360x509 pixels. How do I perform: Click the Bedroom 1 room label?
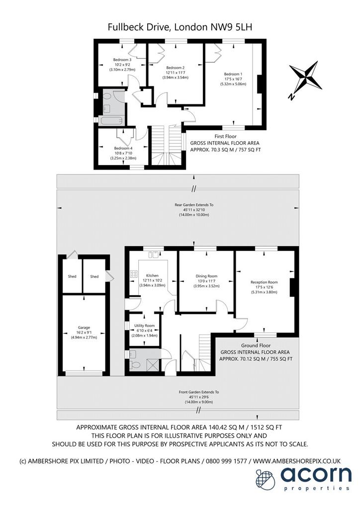[233, 74]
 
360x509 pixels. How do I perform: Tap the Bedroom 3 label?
[122, 60]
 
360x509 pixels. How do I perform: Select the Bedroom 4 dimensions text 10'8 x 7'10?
[123, 153]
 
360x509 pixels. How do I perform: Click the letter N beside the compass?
[292, 96]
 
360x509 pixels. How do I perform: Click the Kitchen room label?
[152, 275]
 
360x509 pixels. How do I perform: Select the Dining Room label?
[206, 276]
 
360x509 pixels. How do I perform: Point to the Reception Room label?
[264, 282]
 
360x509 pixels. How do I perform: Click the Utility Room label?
[145, 326]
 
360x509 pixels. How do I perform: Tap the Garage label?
[84, 328]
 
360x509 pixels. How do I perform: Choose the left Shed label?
[72, 276]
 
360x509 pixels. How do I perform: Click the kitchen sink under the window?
[153, 254]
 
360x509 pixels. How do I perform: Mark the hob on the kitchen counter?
[134, 274]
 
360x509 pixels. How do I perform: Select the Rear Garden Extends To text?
[194, 205]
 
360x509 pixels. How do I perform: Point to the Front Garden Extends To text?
[199, 392]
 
